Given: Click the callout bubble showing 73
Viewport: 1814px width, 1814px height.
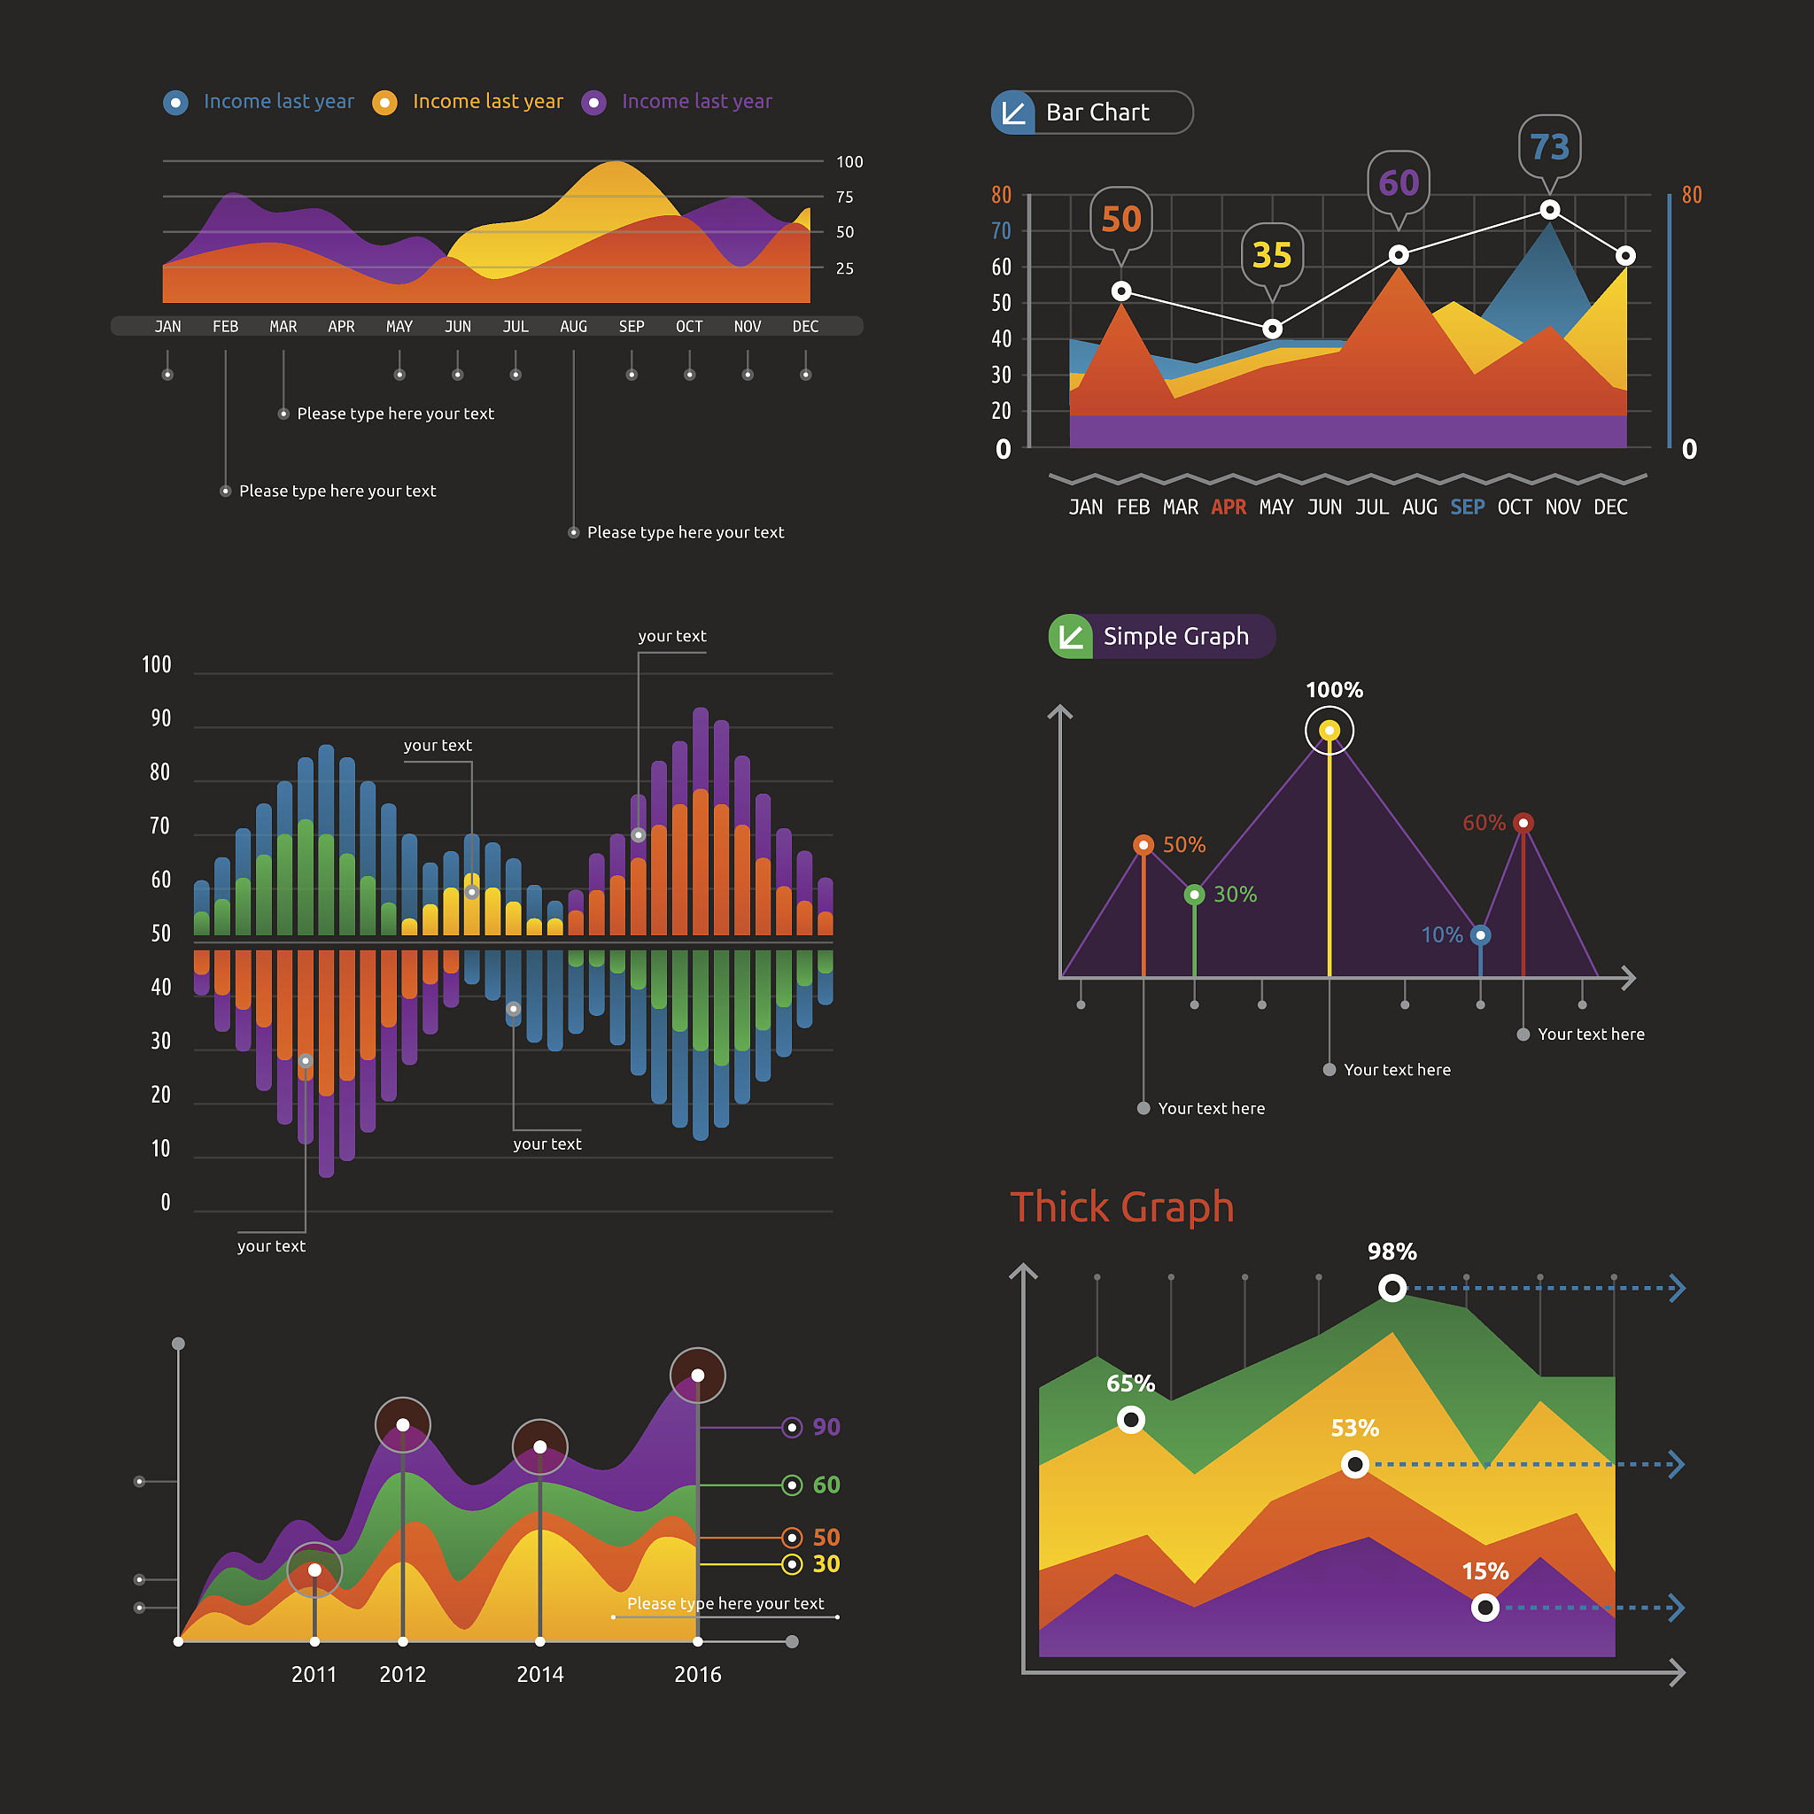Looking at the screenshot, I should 1549,146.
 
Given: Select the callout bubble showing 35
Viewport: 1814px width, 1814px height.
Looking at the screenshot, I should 1271,255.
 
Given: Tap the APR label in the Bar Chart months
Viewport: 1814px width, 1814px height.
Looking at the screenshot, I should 1229,507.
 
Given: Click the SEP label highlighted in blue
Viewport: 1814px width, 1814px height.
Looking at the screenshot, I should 1467,507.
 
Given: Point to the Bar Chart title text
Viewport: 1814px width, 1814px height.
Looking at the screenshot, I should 1097,112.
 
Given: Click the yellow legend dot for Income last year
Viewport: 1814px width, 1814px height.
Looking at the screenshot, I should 384,103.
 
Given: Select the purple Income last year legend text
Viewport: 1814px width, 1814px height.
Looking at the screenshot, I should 697,101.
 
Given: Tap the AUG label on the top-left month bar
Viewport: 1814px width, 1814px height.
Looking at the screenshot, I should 573,327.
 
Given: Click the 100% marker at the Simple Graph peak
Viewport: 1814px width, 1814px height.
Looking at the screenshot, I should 1329,731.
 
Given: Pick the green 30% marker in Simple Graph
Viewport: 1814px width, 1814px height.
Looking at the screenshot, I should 1194,895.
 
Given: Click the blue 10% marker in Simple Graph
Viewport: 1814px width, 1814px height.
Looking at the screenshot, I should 1480,935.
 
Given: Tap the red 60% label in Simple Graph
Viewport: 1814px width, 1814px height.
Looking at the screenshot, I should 1484,824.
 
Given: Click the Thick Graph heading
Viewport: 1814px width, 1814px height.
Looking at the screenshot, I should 1121,1206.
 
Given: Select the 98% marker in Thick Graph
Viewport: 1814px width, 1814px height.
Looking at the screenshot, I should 1392,1288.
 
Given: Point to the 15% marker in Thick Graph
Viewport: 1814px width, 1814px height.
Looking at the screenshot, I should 1485,1608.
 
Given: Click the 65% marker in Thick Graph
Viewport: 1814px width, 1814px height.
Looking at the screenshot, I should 1130,1420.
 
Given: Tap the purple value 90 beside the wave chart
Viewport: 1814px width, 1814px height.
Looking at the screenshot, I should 826,1427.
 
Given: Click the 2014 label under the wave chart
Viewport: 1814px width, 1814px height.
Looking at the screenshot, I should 540,1674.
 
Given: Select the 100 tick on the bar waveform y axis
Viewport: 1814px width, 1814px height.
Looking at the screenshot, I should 157,665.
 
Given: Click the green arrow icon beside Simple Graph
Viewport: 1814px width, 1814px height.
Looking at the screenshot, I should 1070,637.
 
